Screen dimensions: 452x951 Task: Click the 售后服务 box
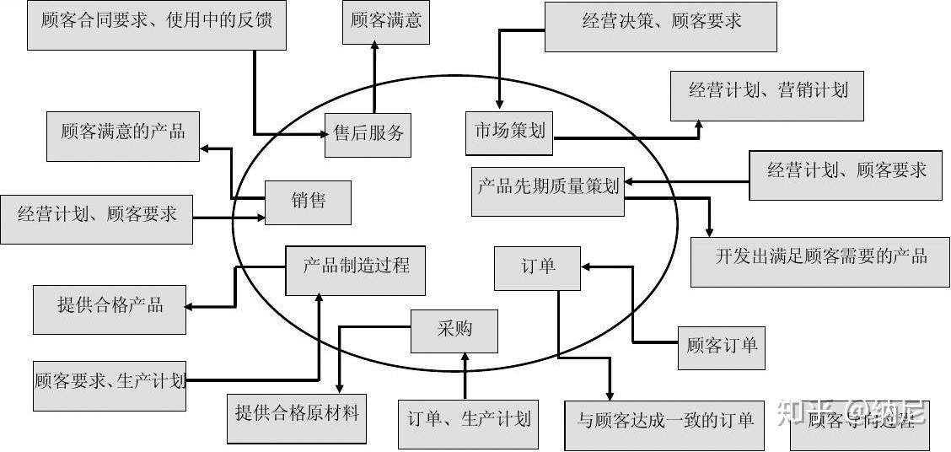368,134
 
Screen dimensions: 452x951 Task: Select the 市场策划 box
510,132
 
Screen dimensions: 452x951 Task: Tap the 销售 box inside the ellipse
308,202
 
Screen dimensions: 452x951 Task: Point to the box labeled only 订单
537,268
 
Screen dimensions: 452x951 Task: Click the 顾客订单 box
721,347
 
